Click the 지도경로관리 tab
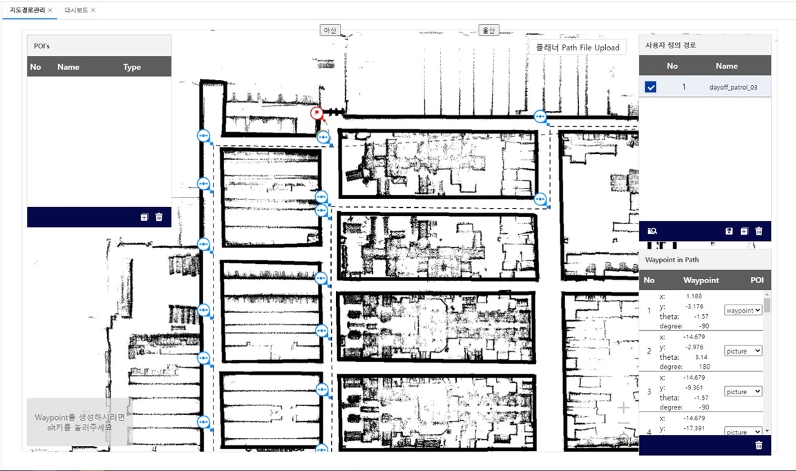[28, 10]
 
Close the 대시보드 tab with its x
[93, 10]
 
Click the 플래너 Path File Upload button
[578, 47]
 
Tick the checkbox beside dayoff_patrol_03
[650, 87]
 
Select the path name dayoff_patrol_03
[733, 87]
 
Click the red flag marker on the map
[316, 113]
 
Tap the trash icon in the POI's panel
[159, 218]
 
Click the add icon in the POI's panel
[144, 218]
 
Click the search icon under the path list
[652, 231]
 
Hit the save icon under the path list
[729, 231]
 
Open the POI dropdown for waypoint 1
[743, 310]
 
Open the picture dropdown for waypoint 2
[743, 351]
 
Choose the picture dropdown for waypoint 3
[743, 392]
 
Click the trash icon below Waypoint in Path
[759, 445]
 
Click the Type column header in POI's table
[132, 67]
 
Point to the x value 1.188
[694, 296]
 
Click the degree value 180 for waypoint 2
[704, 367]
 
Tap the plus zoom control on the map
[623, 407]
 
